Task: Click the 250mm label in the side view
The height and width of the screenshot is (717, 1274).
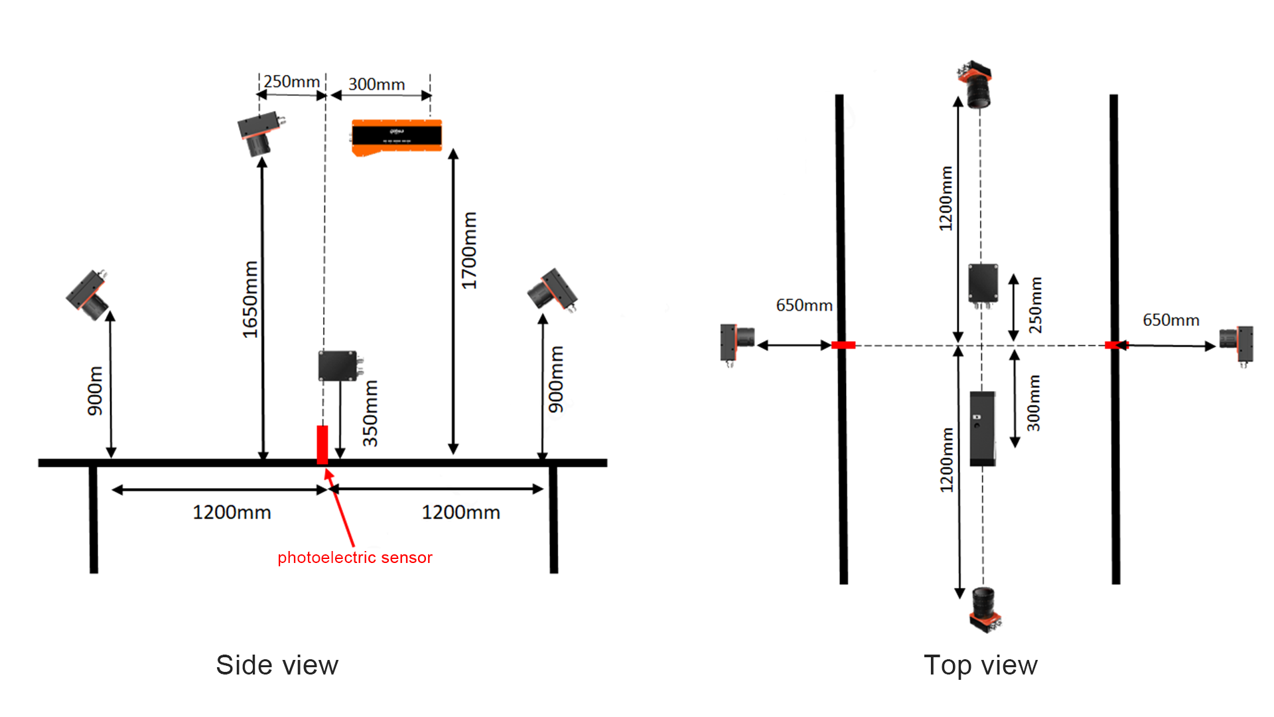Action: (291, 82)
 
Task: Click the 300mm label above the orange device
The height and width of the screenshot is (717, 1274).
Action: (376, 84)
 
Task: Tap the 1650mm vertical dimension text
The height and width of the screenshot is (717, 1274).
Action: (249, 299)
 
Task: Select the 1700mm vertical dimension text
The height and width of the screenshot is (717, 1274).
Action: (469, 250)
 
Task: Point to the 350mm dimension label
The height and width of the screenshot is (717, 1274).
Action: (370, 413)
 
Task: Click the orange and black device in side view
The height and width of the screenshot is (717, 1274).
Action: (397, 137)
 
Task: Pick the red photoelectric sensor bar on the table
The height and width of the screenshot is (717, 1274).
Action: (322, 444)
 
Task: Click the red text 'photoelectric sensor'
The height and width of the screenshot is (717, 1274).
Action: (354, 558)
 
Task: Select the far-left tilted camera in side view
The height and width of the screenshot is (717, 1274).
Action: (88, 295)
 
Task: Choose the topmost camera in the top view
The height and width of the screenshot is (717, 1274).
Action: (977, 84)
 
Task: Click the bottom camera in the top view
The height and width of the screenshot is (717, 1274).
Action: (985, 609)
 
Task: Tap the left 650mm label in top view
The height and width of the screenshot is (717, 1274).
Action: (804, 305)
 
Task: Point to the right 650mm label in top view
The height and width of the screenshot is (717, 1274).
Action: (1170, 320)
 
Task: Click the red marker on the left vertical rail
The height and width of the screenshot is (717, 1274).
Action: (843, 345)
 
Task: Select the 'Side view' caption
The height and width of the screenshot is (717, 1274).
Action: (277, 665)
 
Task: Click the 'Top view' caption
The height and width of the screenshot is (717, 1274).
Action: (980, 665)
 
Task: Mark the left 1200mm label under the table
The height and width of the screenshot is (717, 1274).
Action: (232, 513)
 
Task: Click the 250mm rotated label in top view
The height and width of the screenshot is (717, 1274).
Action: (1035, 305)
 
